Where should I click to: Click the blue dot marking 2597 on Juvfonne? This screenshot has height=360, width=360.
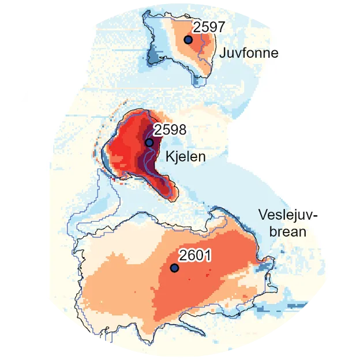(187, 39)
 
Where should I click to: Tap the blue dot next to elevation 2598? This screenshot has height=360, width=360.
(149, 142)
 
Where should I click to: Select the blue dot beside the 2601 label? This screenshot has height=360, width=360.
(174, 268)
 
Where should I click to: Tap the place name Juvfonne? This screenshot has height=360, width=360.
(249, 54)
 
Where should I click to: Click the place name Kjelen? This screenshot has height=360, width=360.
(183, 156)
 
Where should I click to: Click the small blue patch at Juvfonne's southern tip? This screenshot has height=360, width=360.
(199, 81)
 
